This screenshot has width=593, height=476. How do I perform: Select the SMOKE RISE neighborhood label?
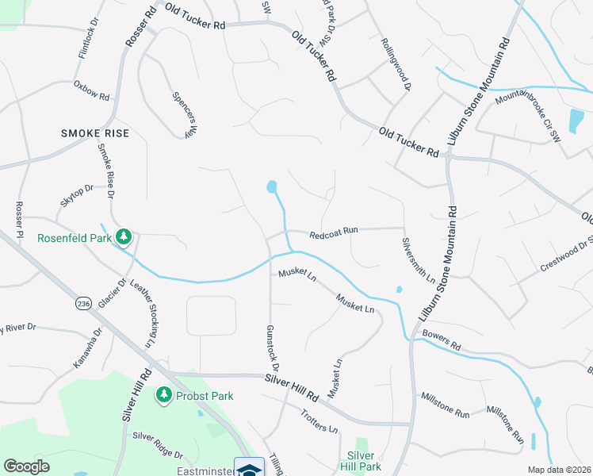[95, 133]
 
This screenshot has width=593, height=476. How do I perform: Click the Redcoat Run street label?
[334, 231]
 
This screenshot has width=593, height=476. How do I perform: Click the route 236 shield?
[85, 303]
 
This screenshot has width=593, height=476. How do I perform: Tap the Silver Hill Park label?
[365, 461]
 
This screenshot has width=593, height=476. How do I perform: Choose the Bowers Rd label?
[442, 341]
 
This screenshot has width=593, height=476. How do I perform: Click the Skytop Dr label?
[77, 195]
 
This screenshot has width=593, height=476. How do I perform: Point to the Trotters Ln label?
[319, 420]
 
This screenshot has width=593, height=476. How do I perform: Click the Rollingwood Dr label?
[395, 63]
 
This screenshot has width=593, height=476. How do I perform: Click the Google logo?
[27, 466]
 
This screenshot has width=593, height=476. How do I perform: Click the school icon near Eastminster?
[249, 467]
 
